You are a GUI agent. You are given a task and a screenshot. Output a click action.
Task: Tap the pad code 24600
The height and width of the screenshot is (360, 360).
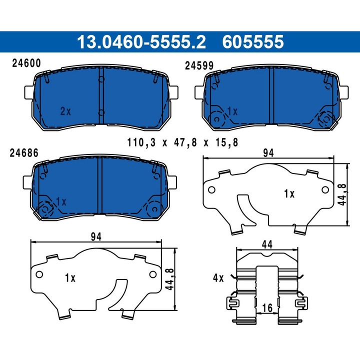26,63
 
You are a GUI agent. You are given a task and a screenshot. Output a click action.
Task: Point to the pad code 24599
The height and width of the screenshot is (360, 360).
199,65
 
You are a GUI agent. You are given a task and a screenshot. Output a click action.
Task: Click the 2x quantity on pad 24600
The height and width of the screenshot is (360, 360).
65,111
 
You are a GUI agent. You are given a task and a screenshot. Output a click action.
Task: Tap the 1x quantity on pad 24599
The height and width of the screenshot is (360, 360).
231,111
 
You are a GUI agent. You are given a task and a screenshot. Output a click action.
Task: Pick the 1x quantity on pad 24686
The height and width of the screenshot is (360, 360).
60,200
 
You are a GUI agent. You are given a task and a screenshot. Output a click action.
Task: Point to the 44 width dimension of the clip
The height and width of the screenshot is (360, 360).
267,245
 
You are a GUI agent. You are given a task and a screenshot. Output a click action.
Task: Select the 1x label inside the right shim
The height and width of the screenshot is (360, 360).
289,193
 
